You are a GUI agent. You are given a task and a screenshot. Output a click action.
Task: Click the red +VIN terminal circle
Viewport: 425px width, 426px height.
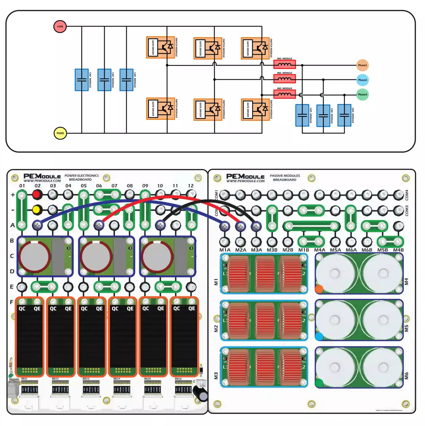click(x=60, y=27)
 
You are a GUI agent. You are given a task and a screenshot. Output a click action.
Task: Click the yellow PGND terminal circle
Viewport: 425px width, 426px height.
click(x=60, y=133)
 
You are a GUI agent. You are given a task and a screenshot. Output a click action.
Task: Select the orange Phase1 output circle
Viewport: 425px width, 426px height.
click(x=362, y=65)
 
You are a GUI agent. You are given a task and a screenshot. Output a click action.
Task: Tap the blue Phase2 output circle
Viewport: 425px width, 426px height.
click(x=362, y=80)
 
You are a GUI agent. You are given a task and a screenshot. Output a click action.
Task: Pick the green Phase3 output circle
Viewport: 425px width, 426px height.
click(x=362, y=95)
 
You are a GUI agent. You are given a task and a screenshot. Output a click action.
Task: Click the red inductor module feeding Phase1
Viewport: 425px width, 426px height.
click(x=284, y=64)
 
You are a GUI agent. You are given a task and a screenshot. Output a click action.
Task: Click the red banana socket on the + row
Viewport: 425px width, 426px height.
click(x=37, y=195)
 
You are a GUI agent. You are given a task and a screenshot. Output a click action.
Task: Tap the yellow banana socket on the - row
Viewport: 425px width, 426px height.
click(x=36, y=210)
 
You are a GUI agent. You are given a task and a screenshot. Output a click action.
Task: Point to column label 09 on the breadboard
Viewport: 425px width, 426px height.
click(x=145, y=186)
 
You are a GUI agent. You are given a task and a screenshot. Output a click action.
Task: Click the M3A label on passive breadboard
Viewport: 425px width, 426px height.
click(x=256, y=250)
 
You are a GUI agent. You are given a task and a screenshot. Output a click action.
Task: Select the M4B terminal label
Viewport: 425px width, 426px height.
click(x=398, y=250)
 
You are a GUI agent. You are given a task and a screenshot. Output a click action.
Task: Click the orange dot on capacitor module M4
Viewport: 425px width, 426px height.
click(x=319, y=289)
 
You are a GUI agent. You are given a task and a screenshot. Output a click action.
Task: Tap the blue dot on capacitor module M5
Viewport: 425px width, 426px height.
click(x=319, y=337)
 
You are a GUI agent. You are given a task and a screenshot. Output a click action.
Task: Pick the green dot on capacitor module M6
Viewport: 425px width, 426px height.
click(x=319, y=383)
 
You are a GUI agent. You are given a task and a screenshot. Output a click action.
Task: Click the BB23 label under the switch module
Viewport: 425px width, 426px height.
click(x=86, y=379)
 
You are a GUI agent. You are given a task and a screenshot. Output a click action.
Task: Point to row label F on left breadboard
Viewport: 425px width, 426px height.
click(x=12, y=302)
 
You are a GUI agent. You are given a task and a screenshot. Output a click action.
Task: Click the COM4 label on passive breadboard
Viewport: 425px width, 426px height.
click(x=407, y=195)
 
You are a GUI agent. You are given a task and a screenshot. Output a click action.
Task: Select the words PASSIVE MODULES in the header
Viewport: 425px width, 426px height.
click(x=285, y=176)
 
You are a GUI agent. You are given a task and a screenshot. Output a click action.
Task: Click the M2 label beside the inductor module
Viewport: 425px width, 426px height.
click(x=216, y=329)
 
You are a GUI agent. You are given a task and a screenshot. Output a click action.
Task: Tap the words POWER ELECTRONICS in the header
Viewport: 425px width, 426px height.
click(x=81, y=176)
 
